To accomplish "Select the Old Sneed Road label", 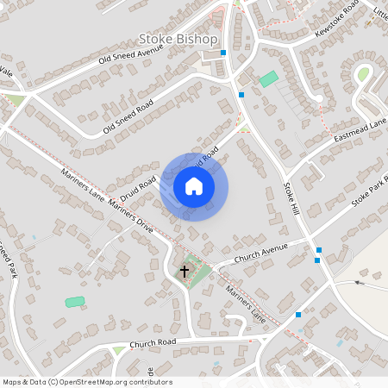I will (128, 115).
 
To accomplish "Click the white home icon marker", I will (194, 186).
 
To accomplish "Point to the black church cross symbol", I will (184, 272).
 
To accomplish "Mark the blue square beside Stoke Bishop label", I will (223, 53).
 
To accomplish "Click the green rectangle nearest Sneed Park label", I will (75, 302).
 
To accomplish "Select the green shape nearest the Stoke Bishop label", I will (269, 78).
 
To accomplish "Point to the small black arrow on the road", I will (360, 282).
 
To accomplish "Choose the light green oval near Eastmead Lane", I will (363, 75).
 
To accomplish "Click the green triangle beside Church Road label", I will (119, 350).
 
